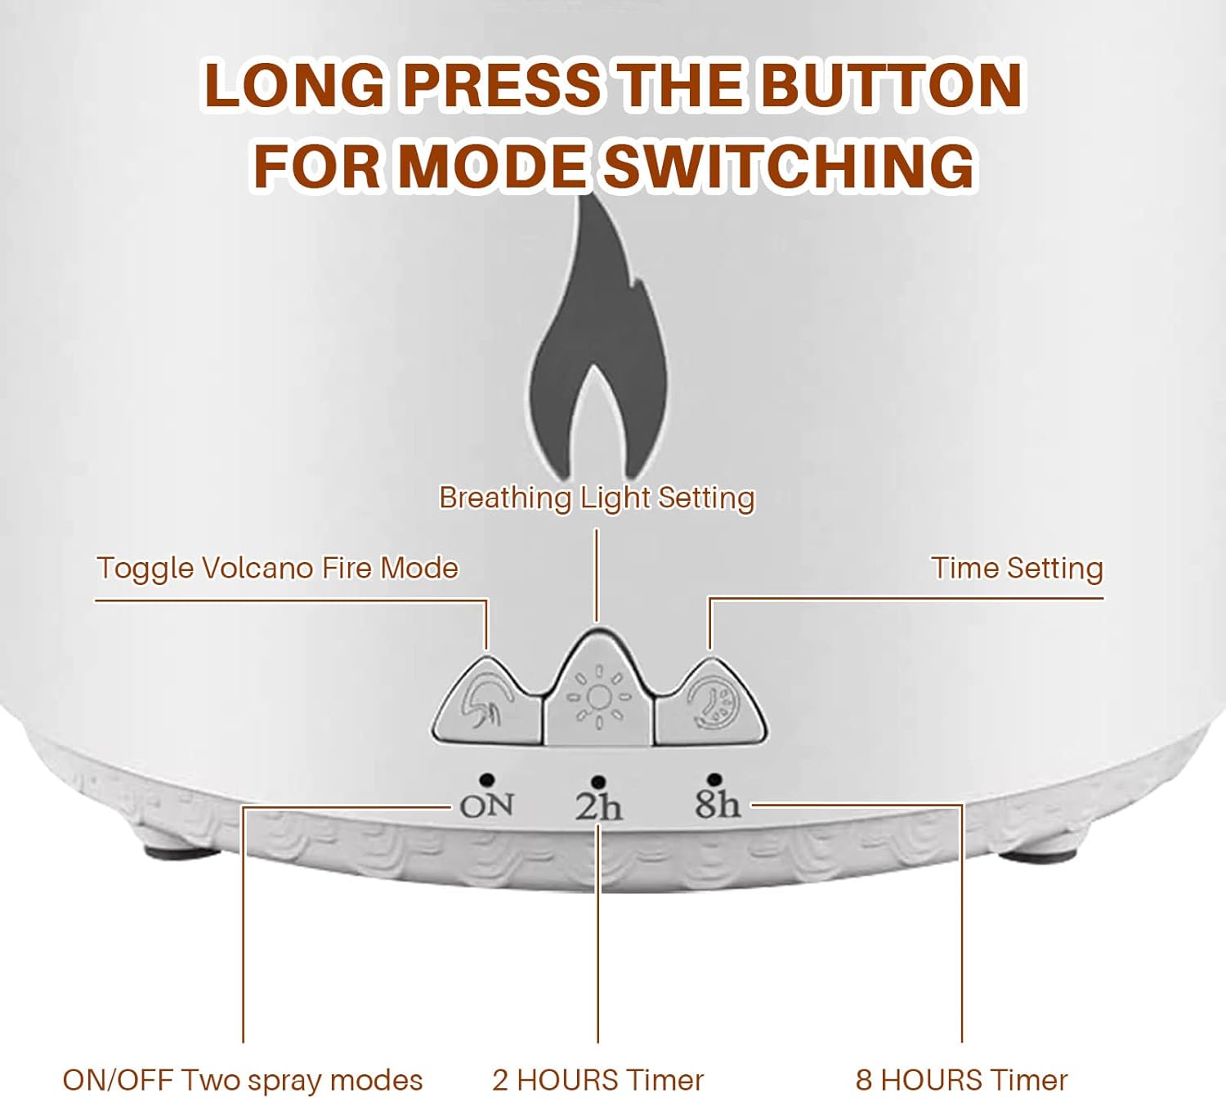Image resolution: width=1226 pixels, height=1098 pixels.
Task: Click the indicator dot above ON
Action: click(486, 779)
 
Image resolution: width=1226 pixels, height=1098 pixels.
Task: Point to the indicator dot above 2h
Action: click(597, 782)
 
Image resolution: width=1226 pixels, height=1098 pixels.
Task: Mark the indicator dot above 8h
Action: click(714, 779)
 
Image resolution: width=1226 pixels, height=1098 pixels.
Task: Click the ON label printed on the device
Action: click(486, 806)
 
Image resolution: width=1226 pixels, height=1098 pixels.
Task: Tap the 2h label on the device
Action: click(598, 807)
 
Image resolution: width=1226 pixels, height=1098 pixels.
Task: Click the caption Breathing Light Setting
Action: click(597, 498)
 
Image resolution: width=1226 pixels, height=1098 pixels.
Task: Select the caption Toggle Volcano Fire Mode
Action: click(278, 569)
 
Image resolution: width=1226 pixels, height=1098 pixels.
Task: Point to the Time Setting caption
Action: click(1018, 569)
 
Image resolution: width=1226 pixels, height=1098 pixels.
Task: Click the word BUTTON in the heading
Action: click(892, 85)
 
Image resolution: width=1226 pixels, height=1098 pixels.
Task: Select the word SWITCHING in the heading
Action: click(790, 164)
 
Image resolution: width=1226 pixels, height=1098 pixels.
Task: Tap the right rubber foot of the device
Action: click(1038, 854)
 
